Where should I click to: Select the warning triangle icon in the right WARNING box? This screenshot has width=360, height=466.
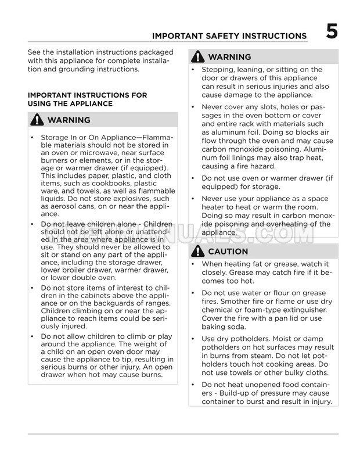[x=197, y=57]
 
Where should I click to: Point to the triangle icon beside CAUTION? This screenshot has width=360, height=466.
[x=197, y=252]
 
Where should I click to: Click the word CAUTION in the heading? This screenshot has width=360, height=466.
[x=228, y=252]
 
